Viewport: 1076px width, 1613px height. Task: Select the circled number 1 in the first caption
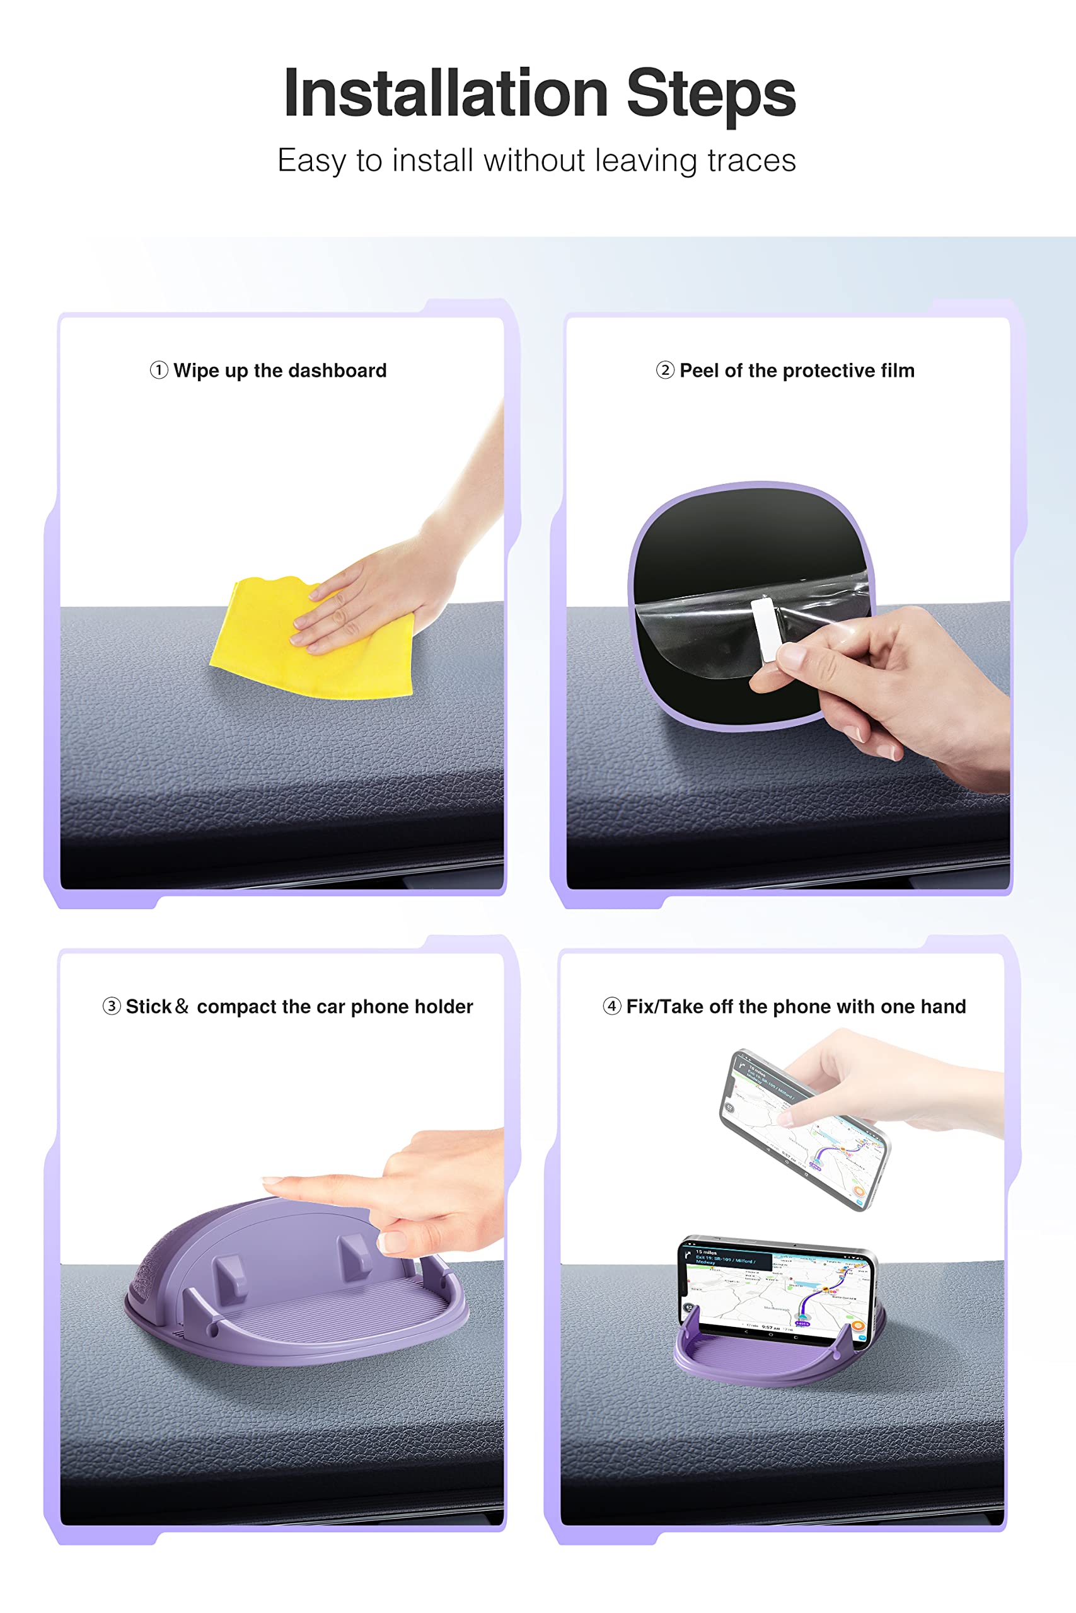(158, 370)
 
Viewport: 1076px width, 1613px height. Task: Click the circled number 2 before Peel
(665, 370)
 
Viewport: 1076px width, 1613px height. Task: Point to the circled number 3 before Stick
(111, 1006)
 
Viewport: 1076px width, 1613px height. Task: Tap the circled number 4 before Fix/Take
(611, 1006)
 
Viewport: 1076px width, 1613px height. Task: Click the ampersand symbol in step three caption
(182, 1006)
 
